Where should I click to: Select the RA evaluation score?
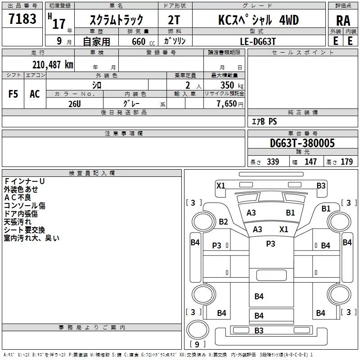[x=343, y=21]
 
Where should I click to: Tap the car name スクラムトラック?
[x=117, y=20]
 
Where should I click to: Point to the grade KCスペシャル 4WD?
[x=258, y=20]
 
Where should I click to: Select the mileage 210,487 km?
[x=52, y=64]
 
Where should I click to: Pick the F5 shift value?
[x=13, y=94]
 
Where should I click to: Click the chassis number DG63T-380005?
[x=302, y=144]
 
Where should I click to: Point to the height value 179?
[x=346, y=162]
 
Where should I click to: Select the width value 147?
[x=310, y=162]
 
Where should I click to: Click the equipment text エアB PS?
[x=264, y=121]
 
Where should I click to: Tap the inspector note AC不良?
[x=18, y=197]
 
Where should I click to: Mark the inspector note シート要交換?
[x=24, y=229]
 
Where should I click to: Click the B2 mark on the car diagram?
[x=224, y=221]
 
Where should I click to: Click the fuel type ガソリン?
[x=175, y=41]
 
